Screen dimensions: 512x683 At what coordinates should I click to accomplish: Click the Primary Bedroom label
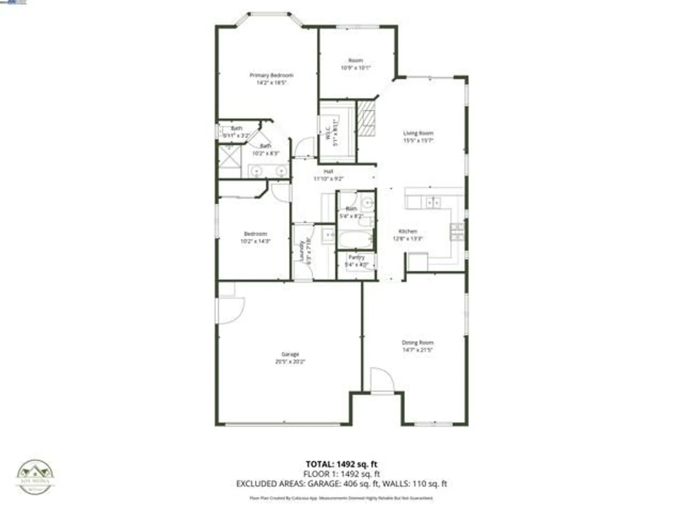coord(271,75)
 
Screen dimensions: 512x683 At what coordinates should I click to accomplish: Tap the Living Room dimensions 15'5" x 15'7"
coord(418,140)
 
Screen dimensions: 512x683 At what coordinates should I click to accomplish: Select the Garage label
coord(290,354)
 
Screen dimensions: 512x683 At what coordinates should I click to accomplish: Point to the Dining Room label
coord(417,342)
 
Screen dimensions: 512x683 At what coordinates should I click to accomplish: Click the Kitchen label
coord(408,231)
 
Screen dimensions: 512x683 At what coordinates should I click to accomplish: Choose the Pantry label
coord(357,257)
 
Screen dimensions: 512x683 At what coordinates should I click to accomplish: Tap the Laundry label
coord(302,251)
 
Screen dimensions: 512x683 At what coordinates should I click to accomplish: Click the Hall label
coord(328,171)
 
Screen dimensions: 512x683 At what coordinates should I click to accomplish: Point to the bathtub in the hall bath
coord(356,239)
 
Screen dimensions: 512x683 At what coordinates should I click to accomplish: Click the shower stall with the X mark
coord(229,156)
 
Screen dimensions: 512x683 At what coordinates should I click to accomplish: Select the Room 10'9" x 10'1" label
coord(356,64)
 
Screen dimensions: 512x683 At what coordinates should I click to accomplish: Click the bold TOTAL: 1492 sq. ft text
coord(341,464)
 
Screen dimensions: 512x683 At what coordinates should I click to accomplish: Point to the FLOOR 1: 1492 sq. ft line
coord(341,474)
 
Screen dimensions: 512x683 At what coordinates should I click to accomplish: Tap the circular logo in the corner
coord(35,477)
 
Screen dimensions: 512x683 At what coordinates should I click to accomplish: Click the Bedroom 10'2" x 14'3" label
coord(255,237)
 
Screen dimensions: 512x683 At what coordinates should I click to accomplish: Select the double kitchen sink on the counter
coord(433,203)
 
